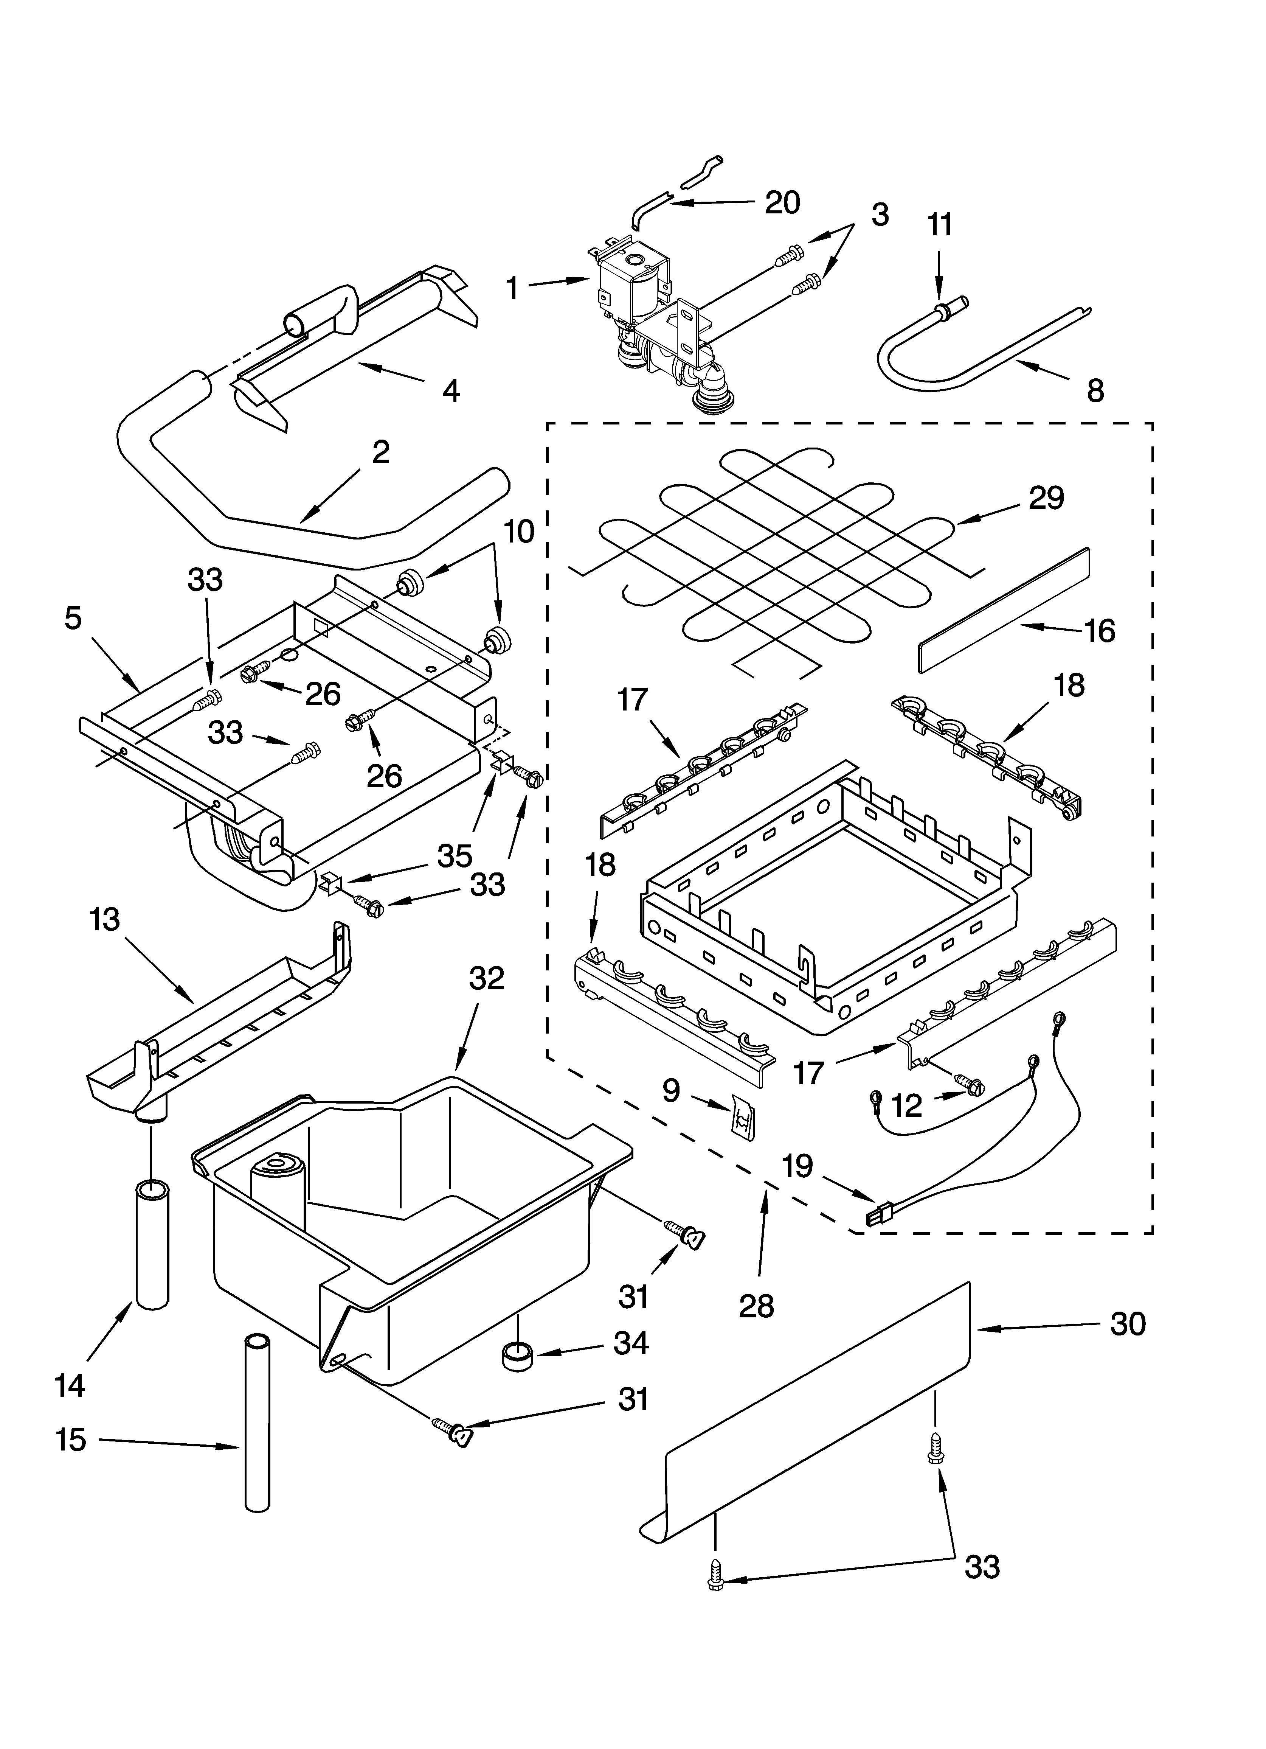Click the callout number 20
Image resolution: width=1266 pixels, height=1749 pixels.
point(782,202)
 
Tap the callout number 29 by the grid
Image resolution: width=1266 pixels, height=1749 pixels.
point(1046,497)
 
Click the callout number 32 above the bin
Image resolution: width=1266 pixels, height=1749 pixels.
point(487,978)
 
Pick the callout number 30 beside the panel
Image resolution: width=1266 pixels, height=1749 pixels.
point(1127,1324)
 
